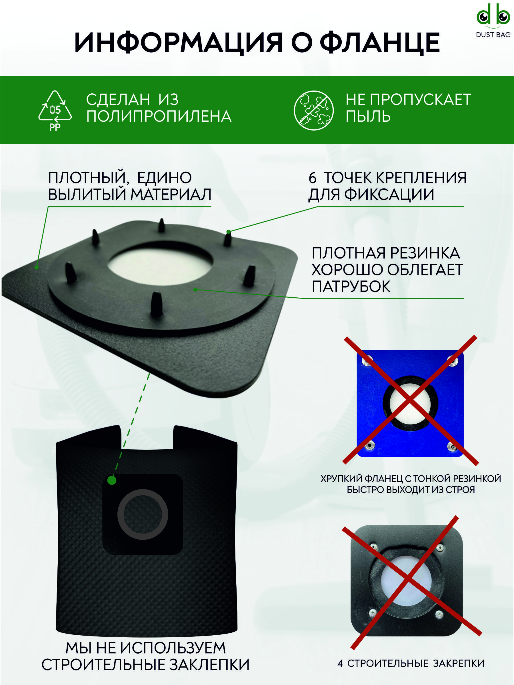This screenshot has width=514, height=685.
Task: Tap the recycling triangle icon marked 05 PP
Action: pos(55,111)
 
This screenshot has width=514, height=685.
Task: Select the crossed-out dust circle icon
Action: pos(313,111)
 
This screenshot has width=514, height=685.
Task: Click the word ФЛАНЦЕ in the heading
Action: pos(380,43)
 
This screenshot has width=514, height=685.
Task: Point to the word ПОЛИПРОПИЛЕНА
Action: pos(159,117)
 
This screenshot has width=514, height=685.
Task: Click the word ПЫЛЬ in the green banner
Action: pos(368,117)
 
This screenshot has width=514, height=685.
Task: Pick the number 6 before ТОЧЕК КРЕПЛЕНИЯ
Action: pos(312,178)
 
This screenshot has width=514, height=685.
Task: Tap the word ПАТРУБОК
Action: pos(351,287)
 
